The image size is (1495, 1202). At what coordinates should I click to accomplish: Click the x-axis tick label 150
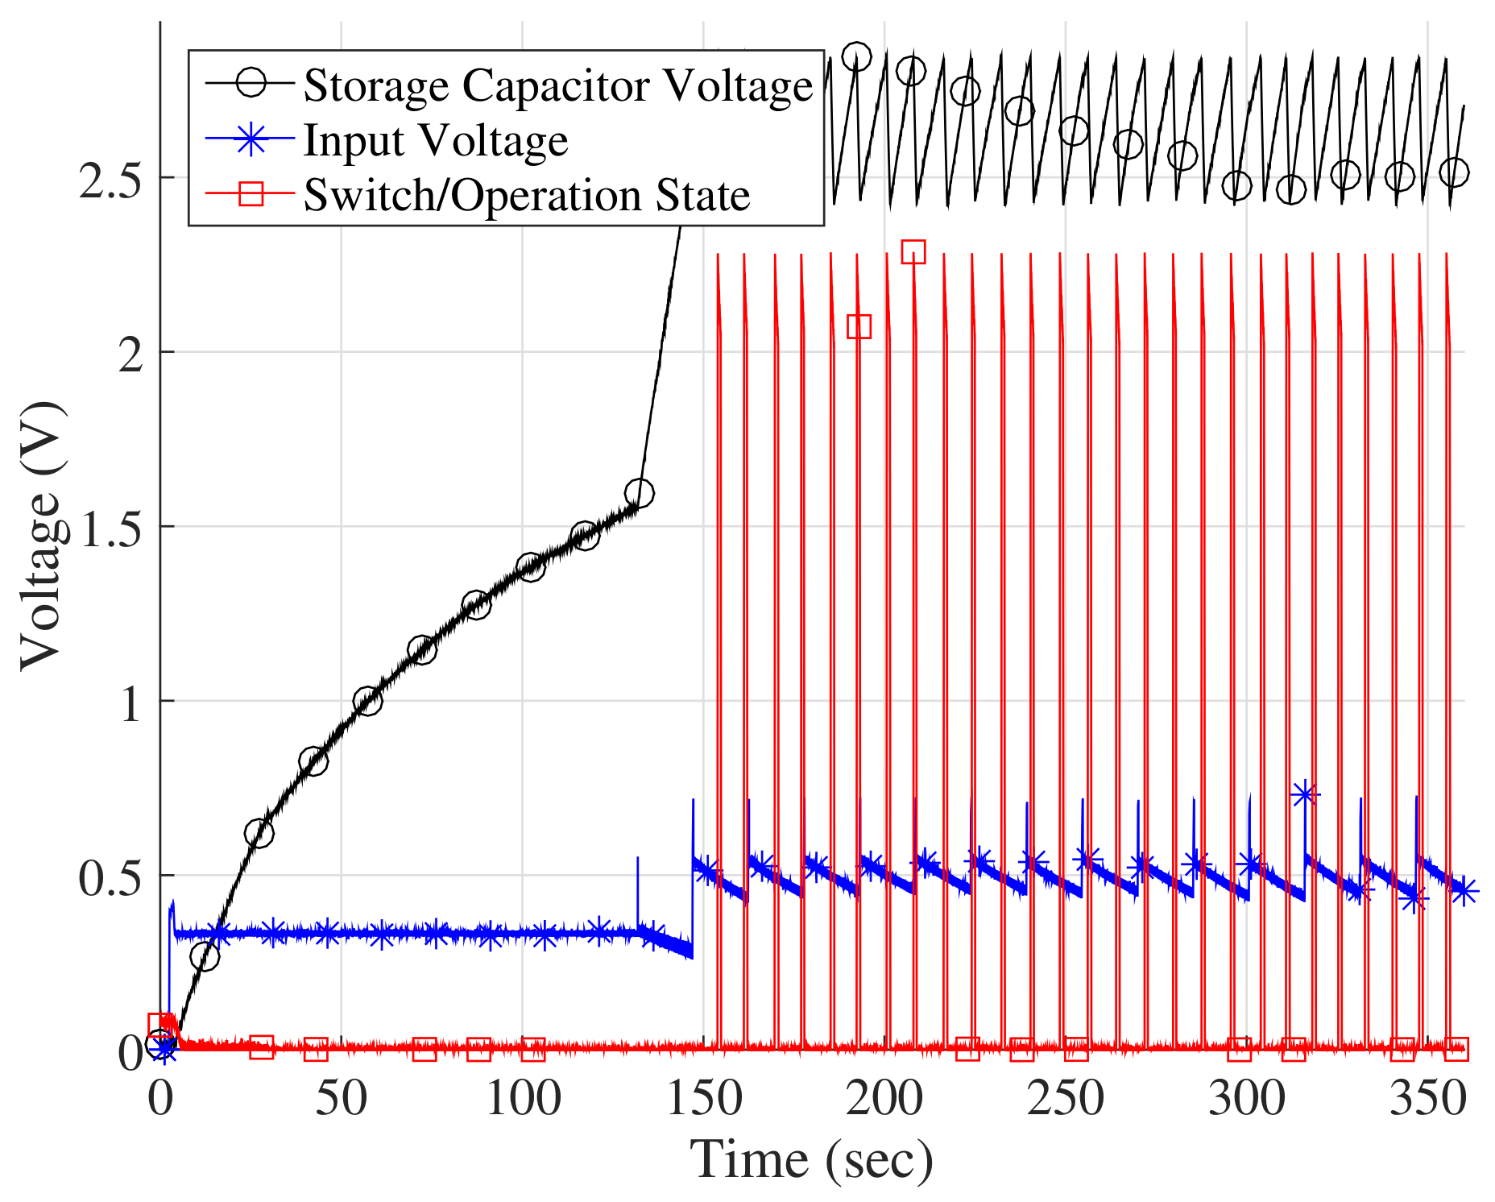(x=704, y=1097)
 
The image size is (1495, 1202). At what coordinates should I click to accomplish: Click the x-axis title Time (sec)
(x=811, y=1160)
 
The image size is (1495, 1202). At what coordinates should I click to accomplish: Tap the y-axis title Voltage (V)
(x=42, y=536)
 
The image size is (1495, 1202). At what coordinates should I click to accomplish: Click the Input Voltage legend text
(x=435, y=140)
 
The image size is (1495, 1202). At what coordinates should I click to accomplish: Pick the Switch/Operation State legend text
(x=526, y=195)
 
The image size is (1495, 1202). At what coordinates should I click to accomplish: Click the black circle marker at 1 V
(x=367, y=701)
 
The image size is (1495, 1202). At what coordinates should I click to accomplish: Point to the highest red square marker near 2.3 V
(x=913, y=252)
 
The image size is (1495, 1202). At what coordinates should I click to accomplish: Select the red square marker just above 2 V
(x=859, y=326)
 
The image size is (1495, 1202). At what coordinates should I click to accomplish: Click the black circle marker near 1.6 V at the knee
(x=639, y=492)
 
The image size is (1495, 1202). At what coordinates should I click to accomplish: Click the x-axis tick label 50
(x=341, y=1097)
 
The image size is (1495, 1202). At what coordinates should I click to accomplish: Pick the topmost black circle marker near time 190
(x=856, y=57)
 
